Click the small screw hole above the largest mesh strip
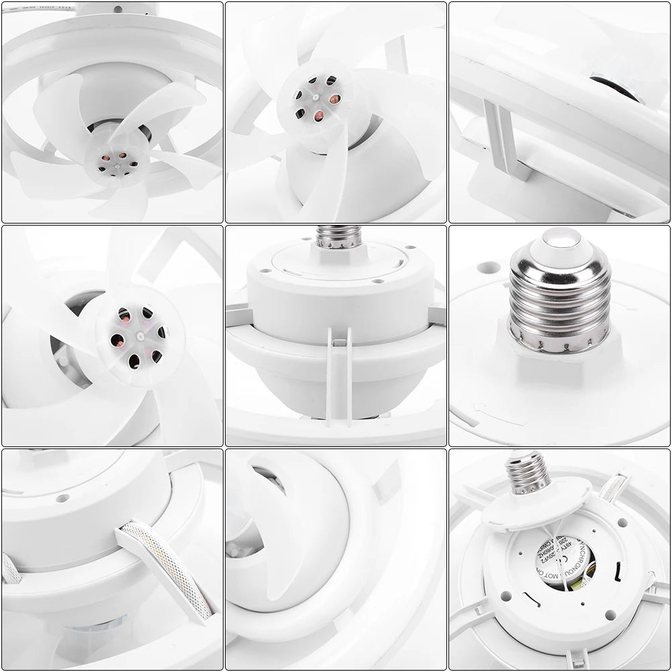point(62,499)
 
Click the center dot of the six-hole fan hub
point(140,334)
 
